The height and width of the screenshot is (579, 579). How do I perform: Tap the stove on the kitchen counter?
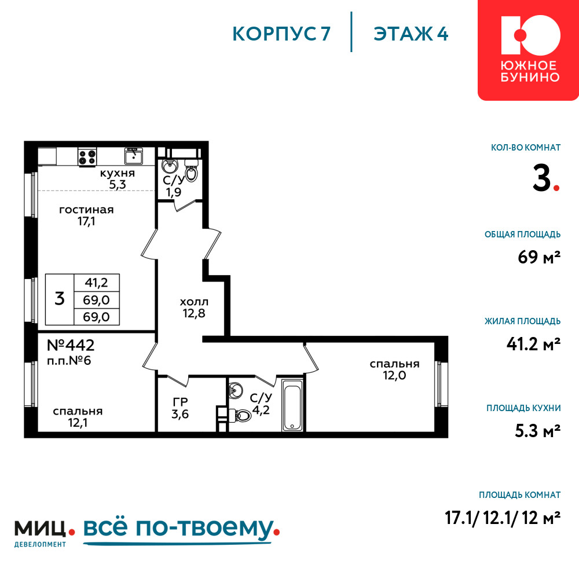(x=87, y=156)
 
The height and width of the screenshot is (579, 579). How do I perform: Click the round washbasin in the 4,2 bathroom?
(x=235, y=390)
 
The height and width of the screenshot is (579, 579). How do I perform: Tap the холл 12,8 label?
(x=194, y=307)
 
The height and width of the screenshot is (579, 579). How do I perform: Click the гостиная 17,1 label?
(x=86, y=215)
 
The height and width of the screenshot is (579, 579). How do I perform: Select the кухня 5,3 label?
(x=118, y=179)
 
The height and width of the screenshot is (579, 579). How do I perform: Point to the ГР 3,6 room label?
(x=180, y=408)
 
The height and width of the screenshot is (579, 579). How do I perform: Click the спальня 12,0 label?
(x=394, y=369)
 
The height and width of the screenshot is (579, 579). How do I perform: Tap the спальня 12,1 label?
(x=78, y=417)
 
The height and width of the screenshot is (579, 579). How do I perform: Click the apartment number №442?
(x=71, y=345)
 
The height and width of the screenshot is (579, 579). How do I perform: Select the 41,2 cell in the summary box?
(x=96, y=283)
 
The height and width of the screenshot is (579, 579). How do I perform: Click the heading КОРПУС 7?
(x=281, y=34)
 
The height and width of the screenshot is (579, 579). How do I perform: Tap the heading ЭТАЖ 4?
(x=411, y=34)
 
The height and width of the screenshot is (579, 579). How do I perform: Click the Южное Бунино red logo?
(x=529, y=50)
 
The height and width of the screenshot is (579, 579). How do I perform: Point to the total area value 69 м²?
(x=539, y=256)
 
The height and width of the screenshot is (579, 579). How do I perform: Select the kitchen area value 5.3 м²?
(x=538, y=431)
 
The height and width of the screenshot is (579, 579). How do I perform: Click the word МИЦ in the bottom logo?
(x=41, y=529)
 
